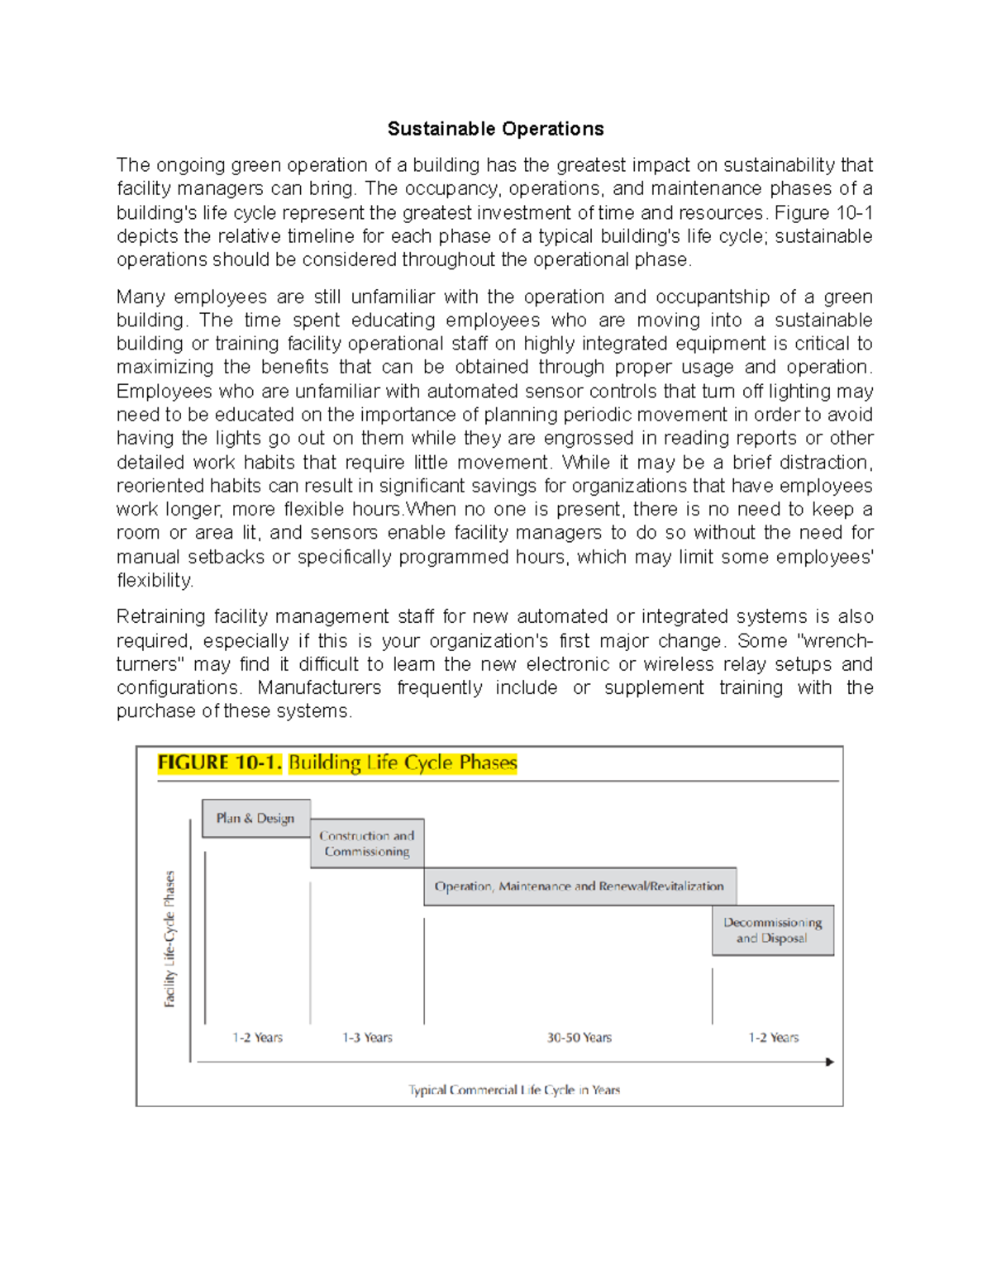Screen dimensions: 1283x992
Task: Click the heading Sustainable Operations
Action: tap(495, 129)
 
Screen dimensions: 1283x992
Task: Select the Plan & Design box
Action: tap(256, 818)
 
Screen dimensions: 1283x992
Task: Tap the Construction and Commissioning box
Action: tap(367, 843)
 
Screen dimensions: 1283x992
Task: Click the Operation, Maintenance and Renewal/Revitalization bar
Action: tap(579, 886)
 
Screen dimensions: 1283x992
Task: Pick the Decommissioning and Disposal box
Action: tap(773, 930)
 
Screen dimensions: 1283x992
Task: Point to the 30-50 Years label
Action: tap(579, 1038)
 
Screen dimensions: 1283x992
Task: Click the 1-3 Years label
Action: tap(367, 1038)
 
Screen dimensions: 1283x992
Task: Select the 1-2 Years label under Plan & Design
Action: tap(257, 1038)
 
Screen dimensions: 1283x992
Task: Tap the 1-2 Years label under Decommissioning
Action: tap(774, 1038)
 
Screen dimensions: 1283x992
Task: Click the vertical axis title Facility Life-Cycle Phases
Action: tap(169, 939)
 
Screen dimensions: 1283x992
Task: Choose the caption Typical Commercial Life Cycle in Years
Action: tap(513, 1090)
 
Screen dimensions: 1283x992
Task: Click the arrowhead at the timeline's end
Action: tap(830, 1062)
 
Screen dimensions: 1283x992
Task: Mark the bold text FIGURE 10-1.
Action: tap(219, 763)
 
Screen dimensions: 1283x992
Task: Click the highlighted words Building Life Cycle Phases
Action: tap(403, 763)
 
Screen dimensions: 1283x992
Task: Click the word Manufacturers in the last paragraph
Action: tap(319, 688)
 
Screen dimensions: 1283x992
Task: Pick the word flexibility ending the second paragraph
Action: tap(155, 581)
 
